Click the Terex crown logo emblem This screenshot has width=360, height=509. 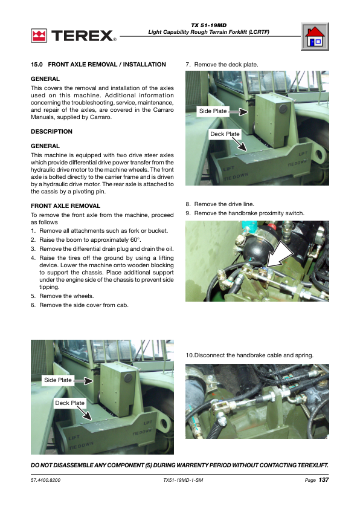click(39, 36)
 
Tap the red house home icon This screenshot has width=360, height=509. click(315, 36)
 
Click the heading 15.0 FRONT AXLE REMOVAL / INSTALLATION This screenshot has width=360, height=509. click(98, 65)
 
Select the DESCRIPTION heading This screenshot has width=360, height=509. click(51, 131)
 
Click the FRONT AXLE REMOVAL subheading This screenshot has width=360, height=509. click(65, 206)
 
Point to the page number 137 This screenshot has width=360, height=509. click(324, 480)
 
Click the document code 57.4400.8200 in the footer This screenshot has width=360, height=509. click(45, 480)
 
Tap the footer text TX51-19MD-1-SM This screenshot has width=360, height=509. click(183, 480)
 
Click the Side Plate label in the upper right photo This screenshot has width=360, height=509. click(213, 111)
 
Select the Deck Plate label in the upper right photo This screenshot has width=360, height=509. click(225, 134)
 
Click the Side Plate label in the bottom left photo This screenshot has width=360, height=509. click(58, 380)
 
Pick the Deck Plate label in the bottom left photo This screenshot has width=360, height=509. click(69, 403)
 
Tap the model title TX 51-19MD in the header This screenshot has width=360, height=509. click(209, 25)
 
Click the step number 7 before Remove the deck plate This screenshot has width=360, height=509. click(188, 65)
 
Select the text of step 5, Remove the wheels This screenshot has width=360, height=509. click(66, 296)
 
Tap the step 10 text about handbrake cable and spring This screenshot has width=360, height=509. click(249, 355)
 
